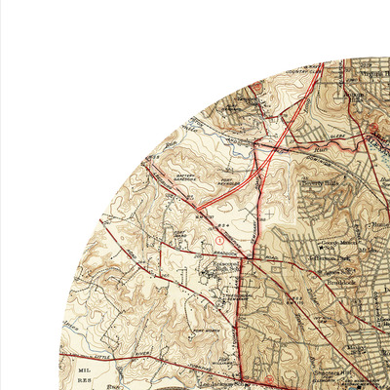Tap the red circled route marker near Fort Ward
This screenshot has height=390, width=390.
pyautogui.click(x=205, y=238)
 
